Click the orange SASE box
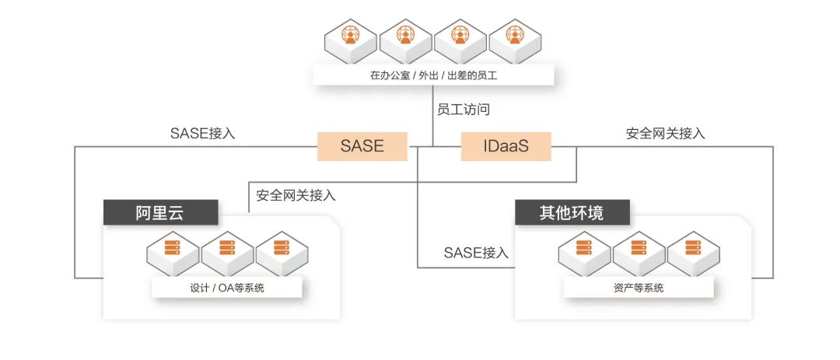click(362, 145)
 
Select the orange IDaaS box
click(506, 145)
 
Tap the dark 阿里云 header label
click(160, 212)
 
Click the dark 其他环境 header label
click(572, 212)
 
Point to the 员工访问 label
click(464, 110)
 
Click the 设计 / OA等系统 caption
click(227, 288)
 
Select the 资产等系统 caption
click(639, 288)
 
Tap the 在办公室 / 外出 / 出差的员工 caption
click(433, 76)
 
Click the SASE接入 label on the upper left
click(202, 133)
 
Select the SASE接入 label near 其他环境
click(476, 253)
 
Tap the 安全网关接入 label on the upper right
click(666, 133)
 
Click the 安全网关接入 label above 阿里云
click(296, 195)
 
